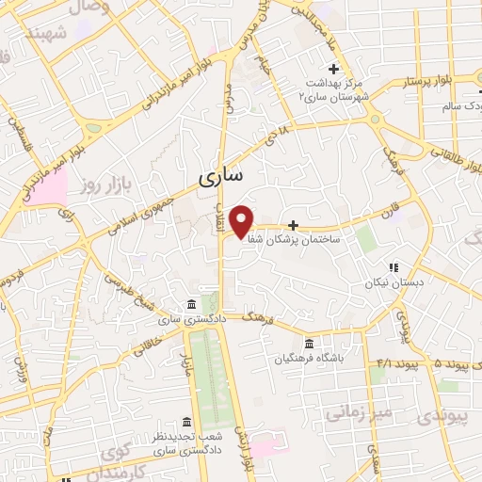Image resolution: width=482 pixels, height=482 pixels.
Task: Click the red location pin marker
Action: tap(242, 220)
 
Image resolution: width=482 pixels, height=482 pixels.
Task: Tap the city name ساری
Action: tap(222, 176)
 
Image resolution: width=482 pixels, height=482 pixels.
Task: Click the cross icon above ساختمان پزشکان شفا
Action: tap(294, 225)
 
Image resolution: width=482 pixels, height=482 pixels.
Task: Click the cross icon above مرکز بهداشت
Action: tap(333, 68)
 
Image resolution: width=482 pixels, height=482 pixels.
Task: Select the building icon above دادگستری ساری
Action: tap(191, 304)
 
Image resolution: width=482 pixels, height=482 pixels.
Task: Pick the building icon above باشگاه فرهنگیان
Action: tap(311, 343)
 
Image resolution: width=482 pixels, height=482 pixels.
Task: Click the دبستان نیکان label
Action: tap(395, 281)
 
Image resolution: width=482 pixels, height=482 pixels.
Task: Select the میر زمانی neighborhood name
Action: tap(357, 410)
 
